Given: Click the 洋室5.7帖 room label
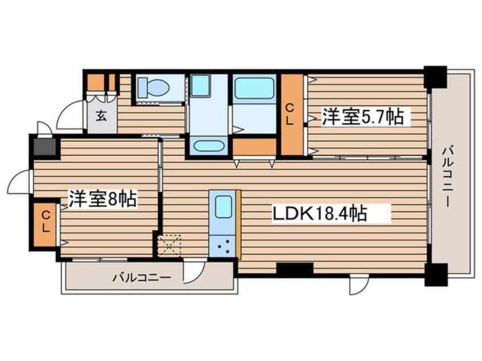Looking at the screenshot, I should tap(363, 117).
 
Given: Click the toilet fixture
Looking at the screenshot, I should tap(154, 87).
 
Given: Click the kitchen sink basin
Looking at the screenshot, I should tap(223, 207).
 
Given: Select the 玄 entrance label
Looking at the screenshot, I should tap(101, 116).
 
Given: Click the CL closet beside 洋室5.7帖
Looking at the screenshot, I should tap(290, 114).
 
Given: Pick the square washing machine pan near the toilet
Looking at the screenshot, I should tap(201, 86).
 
